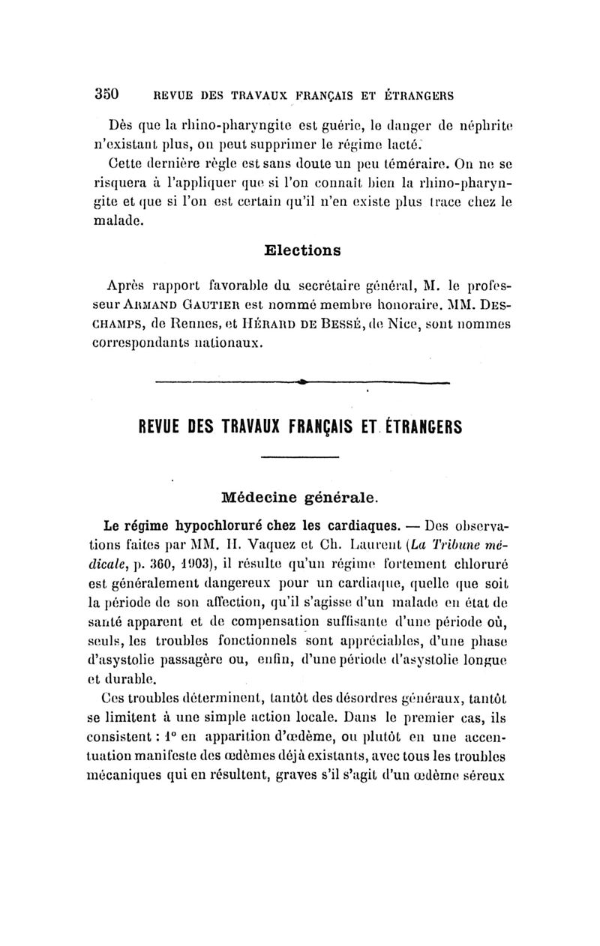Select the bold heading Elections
[x=304, y=250]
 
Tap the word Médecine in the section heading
[x=259, y=496]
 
